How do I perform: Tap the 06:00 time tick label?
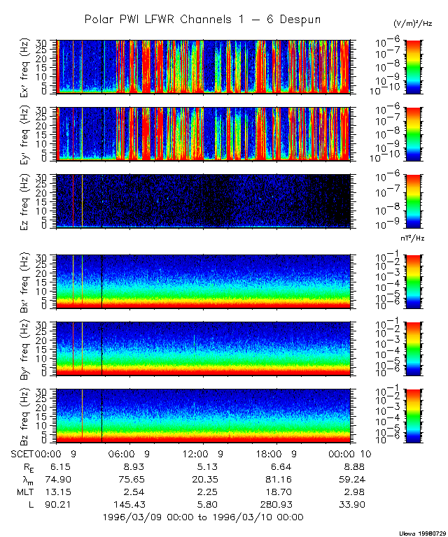129,454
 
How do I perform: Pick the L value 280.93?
274,504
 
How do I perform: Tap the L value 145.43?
129,504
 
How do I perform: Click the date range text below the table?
202,517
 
